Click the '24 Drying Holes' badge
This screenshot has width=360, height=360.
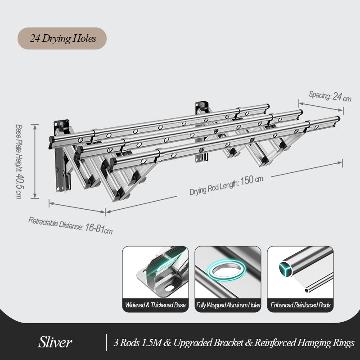click(x=62, y=38)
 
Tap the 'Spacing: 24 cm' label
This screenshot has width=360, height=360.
click(x=330, y=96)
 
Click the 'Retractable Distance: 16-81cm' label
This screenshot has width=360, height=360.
click(x=70, y=225)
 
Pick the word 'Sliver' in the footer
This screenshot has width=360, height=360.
click(x=55, y=342)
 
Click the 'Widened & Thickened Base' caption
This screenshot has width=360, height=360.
click(x=155, y=305)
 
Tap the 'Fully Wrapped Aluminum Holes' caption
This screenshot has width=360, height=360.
click(x=228, y=305)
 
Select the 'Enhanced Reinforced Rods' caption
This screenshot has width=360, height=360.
click(x=300, y=305)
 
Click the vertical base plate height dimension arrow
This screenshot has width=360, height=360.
click(x=35, y=161)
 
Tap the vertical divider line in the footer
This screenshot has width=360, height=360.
click(x=107, y=342)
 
